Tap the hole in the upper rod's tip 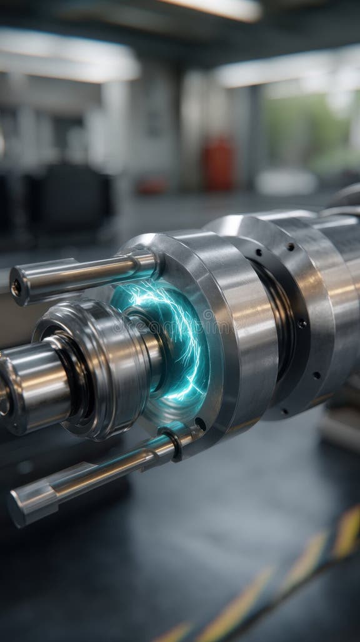click(x=16, y=288)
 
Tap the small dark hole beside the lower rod click(x=200, y=424)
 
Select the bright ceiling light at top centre click(x=216, y=8)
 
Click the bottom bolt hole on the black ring click(x=285, y=411)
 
